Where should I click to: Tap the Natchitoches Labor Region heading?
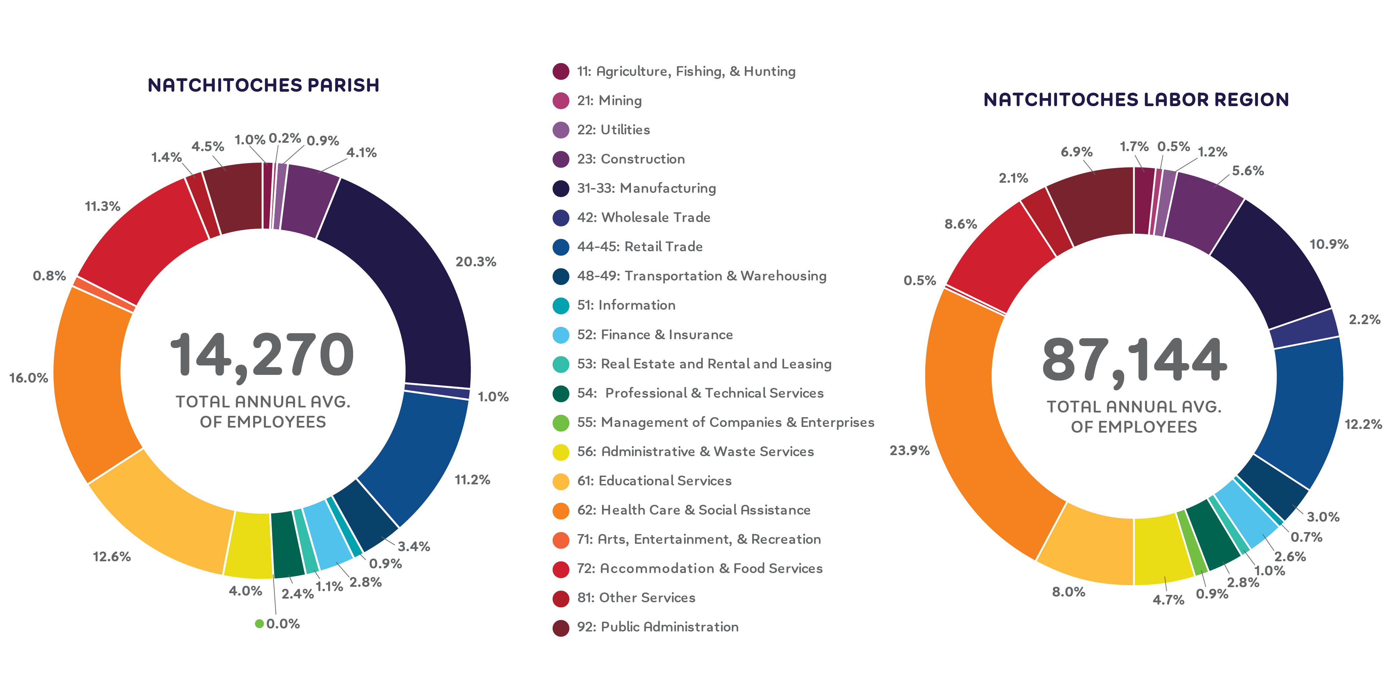(x=1136, y=100)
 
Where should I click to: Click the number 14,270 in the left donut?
(x=262, y=356)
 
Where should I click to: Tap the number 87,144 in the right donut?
(x=1134, y=361)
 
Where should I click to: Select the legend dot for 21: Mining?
(x=560, y=100)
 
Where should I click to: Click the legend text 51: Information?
(x=626, y=305)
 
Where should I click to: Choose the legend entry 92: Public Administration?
(x=657, y=627)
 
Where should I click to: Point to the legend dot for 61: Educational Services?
(x=560, y=481)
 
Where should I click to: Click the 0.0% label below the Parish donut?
(x=283, y=624)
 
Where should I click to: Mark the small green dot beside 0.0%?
(x=259, y=624)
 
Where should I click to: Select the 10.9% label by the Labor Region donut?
(x=1329, y=245)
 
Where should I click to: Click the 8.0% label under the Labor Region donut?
(x=1068, y=593)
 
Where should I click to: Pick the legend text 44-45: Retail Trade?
(x=640, y=247)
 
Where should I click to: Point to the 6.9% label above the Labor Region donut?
(x=1077, y=152)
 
